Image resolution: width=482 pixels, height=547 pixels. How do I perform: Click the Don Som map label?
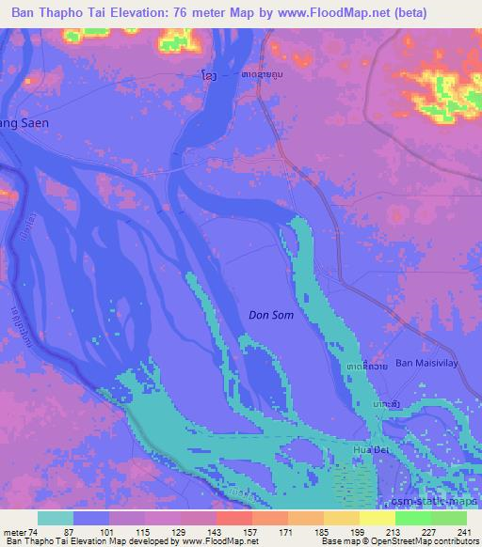tap(271, 316)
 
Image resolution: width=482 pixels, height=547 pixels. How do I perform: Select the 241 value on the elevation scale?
tap(461, 531)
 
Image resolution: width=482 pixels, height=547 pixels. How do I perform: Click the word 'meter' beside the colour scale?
tap(13, 531)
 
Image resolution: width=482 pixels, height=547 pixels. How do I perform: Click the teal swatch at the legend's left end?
tap(56, 518)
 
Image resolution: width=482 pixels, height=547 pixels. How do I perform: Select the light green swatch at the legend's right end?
tap(449, 518)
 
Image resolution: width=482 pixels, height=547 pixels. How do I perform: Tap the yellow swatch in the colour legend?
tap(378, 518)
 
